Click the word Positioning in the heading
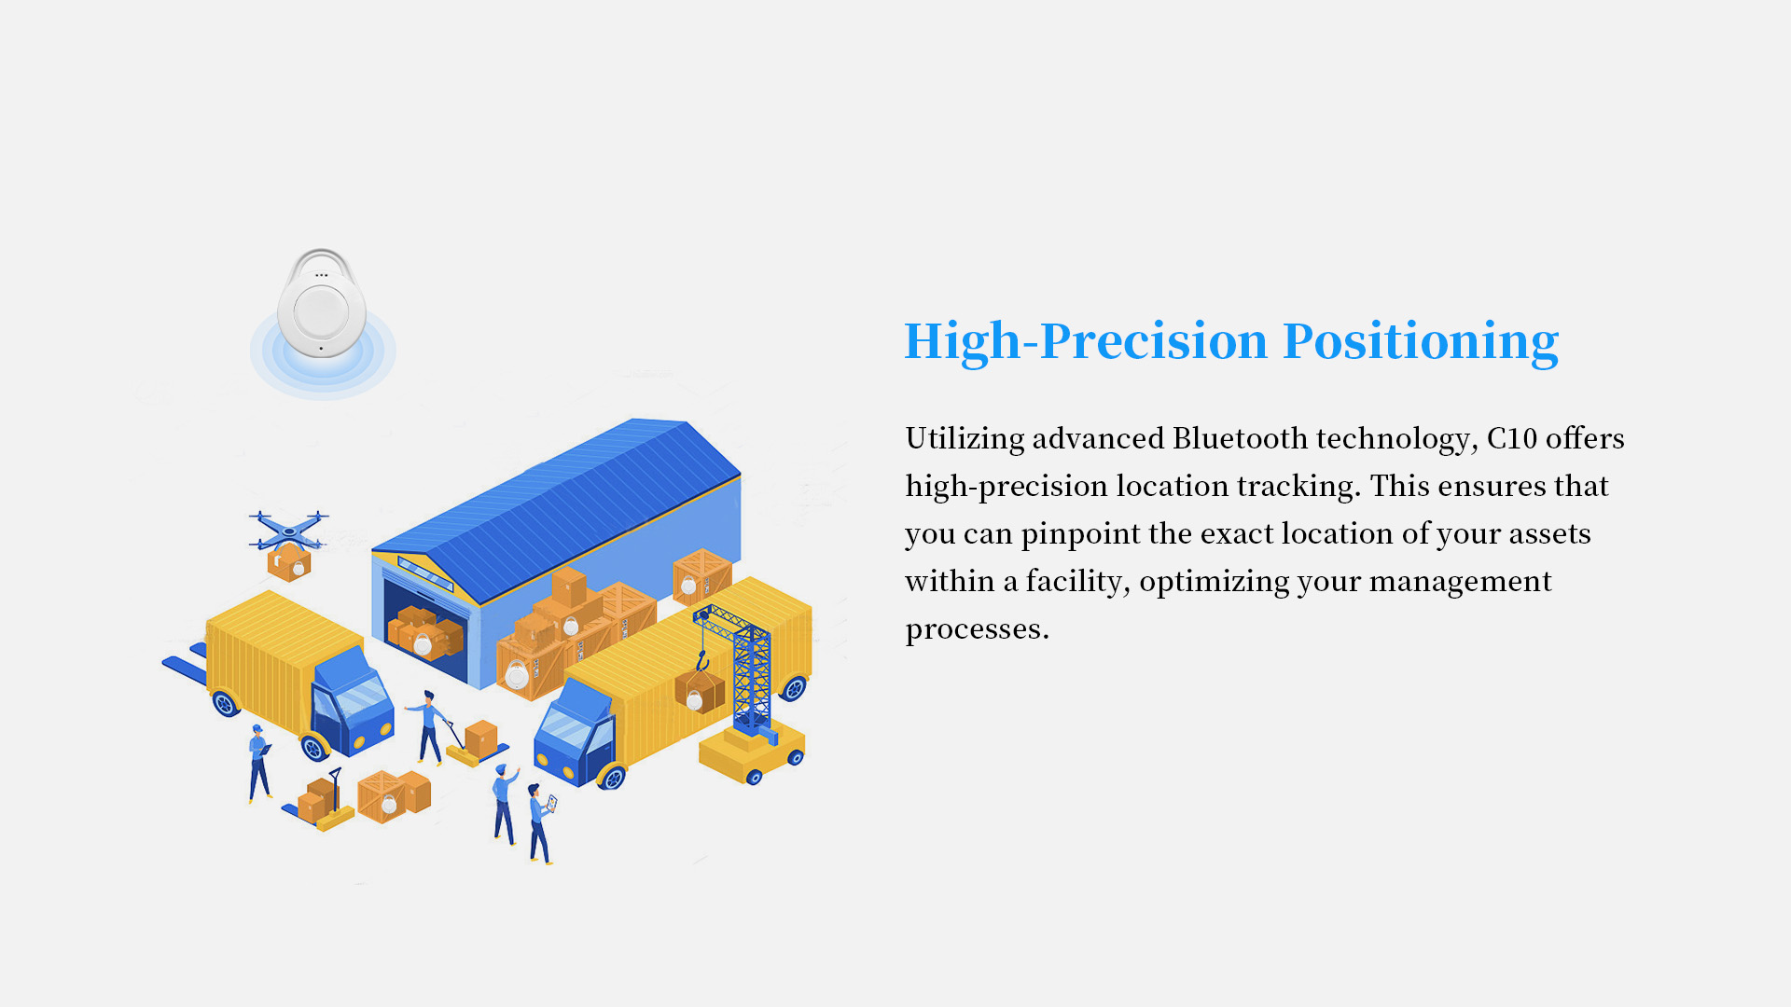click(1421, 341)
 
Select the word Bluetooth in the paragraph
click(1240, 437)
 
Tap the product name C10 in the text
click(1511, 437)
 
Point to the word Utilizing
click(965, 437)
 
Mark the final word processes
click(977, 629)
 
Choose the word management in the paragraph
click(1460, 581)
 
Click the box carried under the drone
click(289, 562)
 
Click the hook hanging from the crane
click(702, 662)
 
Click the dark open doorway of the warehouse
click(425, 629)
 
